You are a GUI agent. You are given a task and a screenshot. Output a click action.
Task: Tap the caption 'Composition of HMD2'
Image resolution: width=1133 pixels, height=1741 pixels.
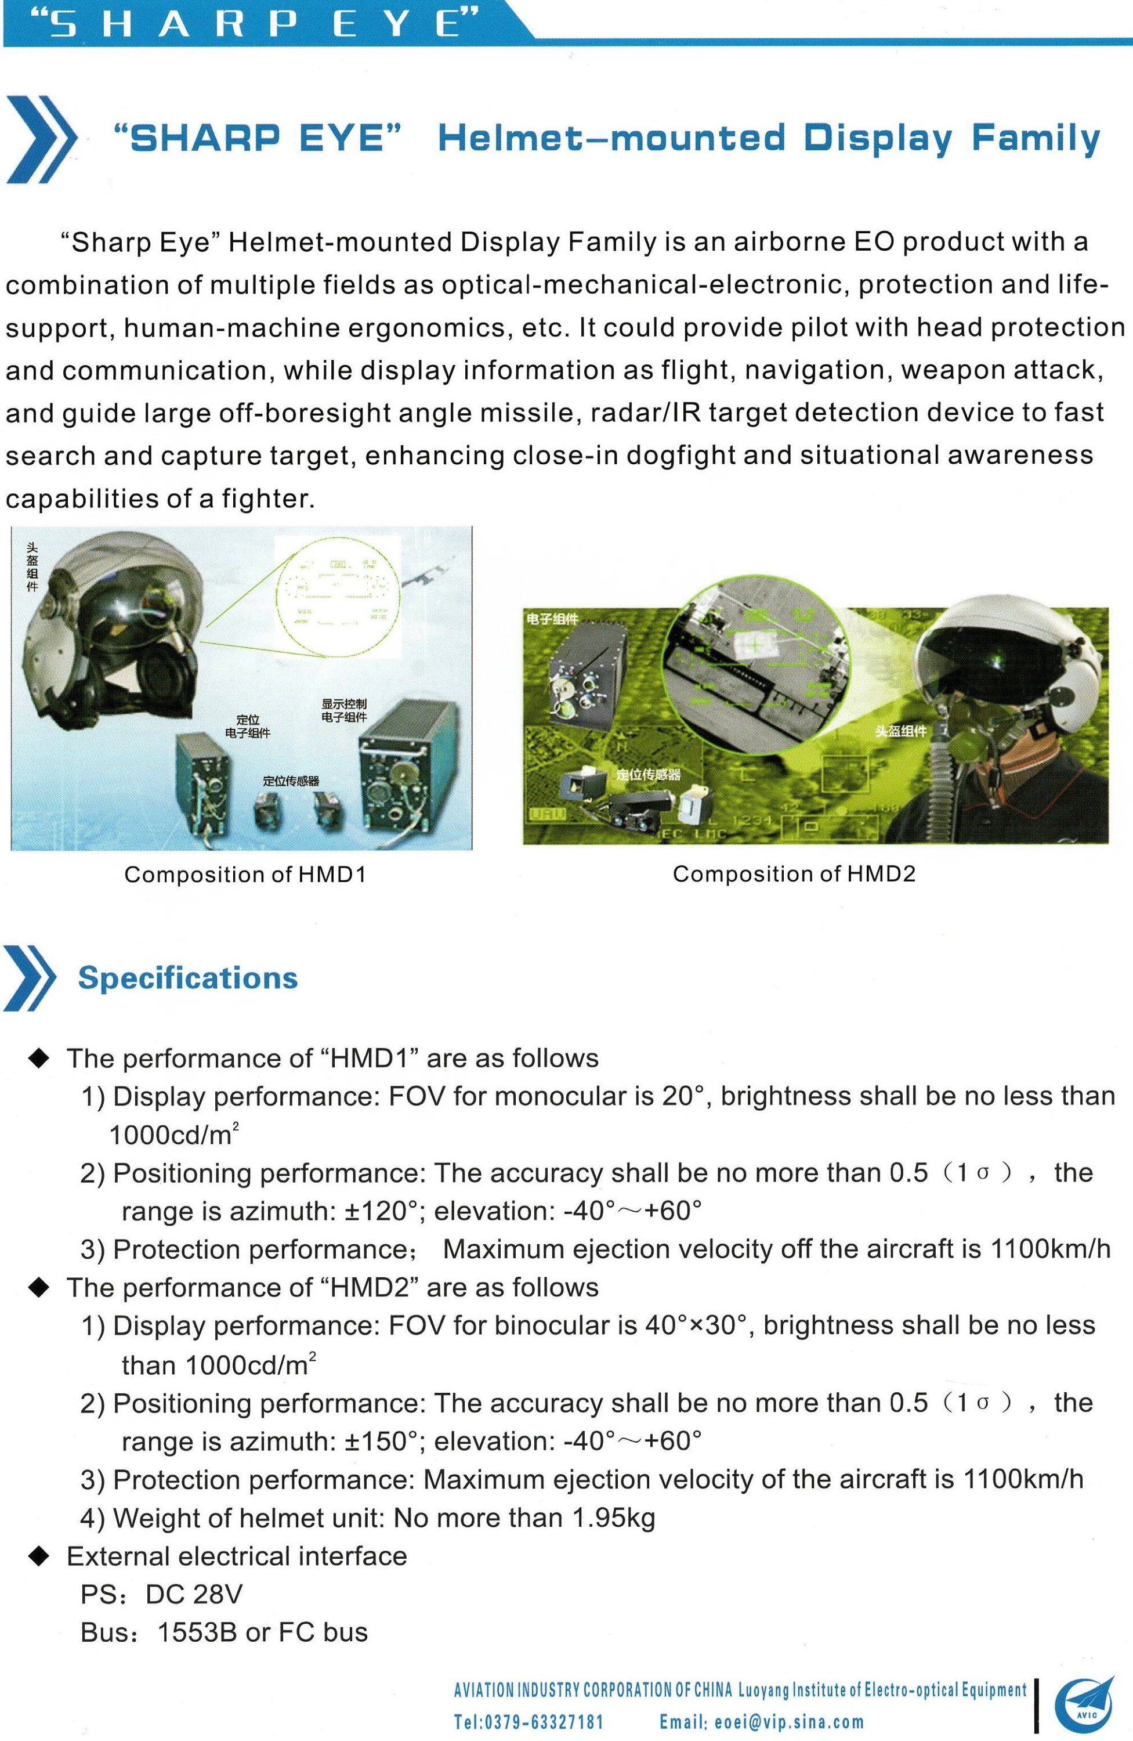click(794, 873)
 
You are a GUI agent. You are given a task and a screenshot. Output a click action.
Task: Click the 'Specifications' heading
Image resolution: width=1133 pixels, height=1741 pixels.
click(188, 978)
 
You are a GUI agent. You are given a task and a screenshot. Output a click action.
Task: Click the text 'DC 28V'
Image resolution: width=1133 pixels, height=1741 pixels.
click(194, 1594)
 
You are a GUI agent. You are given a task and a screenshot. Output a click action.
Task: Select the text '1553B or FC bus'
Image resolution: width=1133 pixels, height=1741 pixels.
click(263, 1632)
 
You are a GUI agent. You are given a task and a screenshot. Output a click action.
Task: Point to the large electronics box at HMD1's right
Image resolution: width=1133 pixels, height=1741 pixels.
click(410, 768)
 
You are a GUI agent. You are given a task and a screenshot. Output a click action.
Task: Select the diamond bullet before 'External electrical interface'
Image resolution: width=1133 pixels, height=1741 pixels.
click(39, 1556)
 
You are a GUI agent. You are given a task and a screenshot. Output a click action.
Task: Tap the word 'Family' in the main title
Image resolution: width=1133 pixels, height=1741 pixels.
click(1035, 138)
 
